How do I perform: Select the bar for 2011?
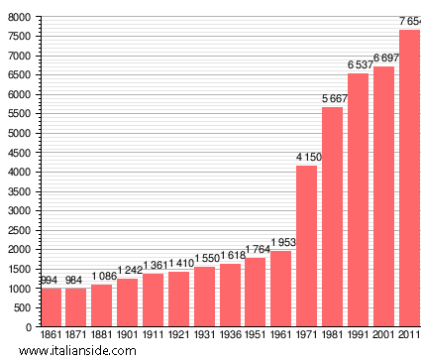coord(409,179)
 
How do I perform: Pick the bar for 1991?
coord(358,199)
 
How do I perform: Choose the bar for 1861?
coord(51,307)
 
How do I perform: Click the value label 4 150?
coord(307,157)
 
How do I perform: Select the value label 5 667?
coord(333,98)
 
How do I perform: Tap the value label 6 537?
coord(359,64)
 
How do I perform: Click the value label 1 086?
coord(102,276)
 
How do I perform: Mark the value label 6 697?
coord(384,59)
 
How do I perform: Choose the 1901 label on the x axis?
coord(128,335)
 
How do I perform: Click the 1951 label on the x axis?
coord(256,335)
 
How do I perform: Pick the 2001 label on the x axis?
coord(383,335)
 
